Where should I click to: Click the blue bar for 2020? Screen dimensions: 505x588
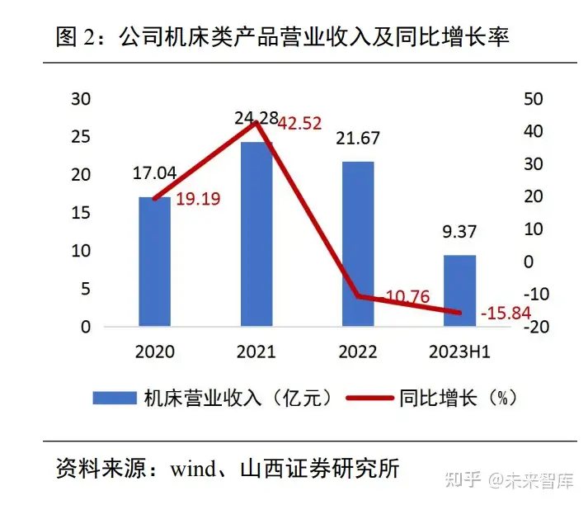(154, 262)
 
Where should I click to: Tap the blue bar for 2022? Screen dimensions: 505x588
(357, 244)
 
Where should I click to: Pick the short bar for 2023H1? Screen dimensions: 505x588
(459, 290)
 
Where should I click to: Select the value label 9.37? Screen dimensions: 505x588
(460, 233)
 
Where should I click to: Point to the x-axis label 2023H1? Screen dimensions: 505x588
(459, 352)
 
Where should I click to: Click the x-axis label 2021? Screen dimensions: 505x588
(256, 352)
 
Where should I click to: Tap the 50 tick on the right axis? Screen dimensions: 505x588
(534, 99)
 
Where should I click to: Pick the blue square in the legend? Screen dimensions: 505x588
(115, 398)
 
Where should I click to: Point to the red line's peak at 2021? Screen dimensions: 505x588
(256, 122)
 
